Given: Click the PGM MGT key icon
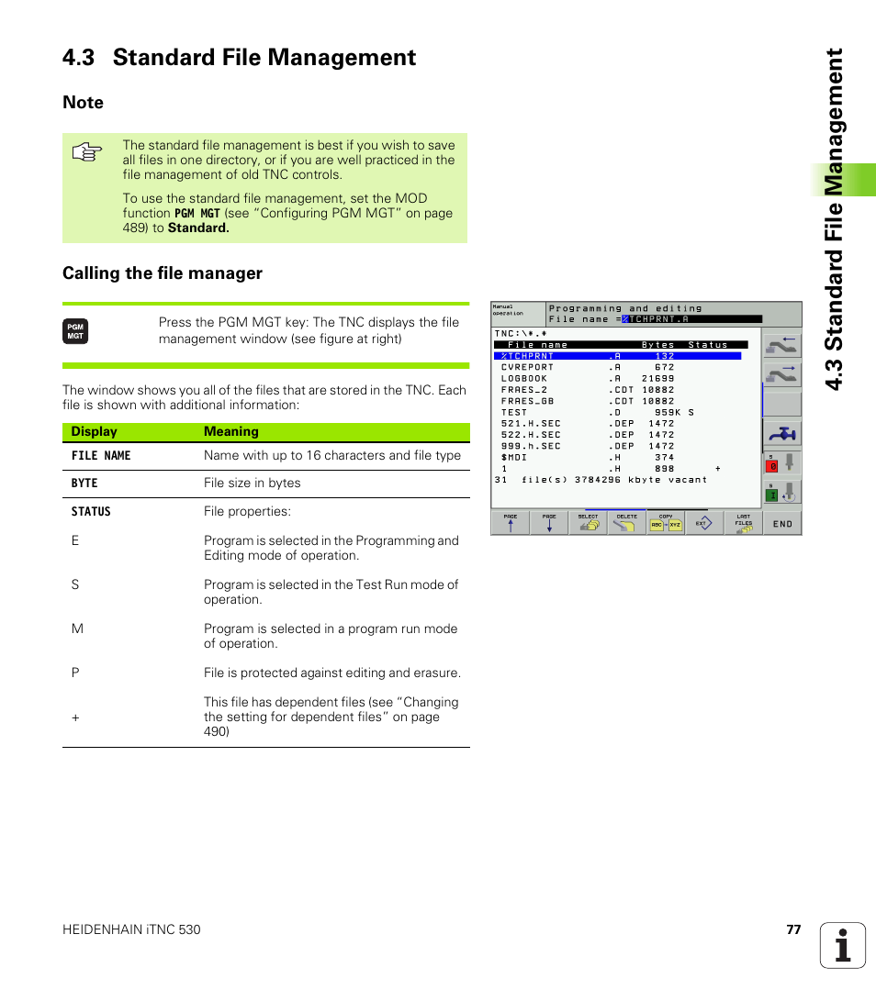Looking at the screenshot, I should point(75,332).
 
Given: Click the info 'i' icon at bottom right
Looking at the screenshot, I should point(843,945).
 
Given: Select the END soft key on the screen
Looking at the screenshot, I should point(782,523).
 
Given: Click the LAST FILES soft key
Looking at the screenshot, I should point(743,523).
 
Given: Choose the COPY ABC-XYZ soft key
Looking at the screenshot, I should point(666,523).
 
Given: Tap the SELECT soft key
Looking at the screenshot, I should point(588,523).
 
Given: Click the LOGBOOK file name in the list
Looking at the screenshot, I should point(524,378).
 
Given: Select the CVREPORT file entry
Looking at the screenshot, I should point(527,367).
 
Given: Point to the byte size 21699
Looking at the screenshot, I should point(657,378).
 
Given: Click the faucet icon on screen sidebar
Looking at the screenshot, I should point(781,433).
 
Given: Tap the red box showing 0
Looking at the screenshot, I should point(773,466).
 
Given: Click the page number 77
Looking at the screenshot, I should point(793,929).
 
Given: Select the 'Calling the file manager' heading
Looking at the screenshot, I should point(163,273).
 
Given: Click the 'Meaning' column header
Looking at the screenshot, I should point(231,432).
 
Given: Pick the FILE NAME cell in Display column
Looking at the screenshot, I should point(101,456).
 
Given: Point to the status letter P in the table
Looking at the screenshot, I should point(75,673).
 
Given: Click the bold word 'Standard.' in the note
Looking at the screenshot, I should point(198,228).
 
